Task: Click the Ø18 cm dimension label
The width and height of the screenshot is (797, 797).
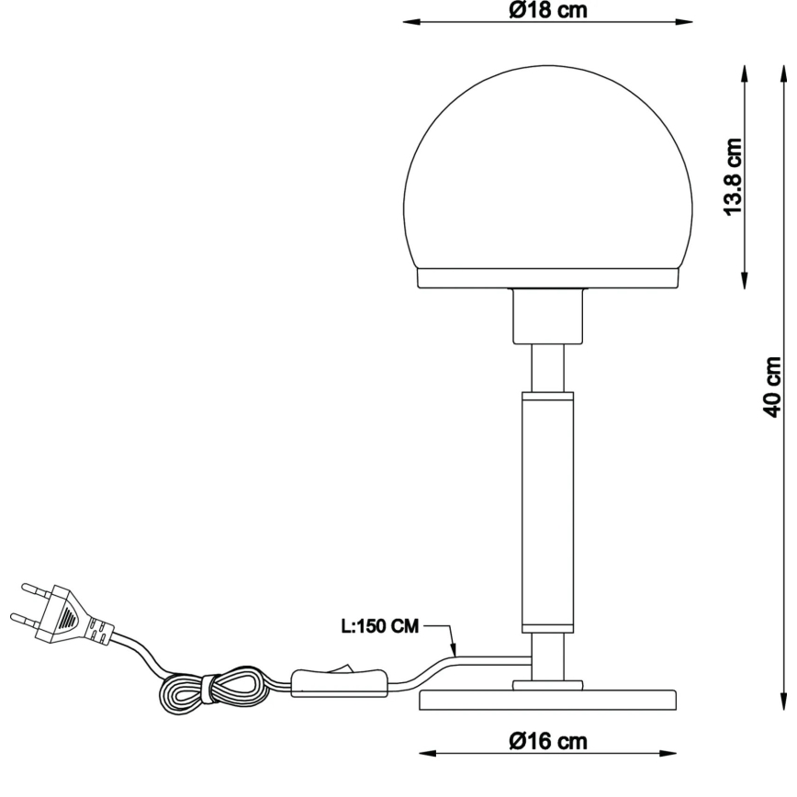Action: [x=547, y=10]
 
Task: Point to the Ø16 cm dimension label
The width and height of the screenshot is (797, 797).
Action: [x=548, y=740]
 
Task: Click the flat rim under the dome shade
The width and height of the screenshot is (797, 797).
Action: [x=547, y=277]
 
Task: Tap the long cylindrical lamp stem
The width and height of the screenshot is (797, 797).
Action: [x=547, y=510]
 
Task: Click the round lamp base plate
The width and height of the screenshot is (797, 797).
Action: [x=547, y=700]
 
